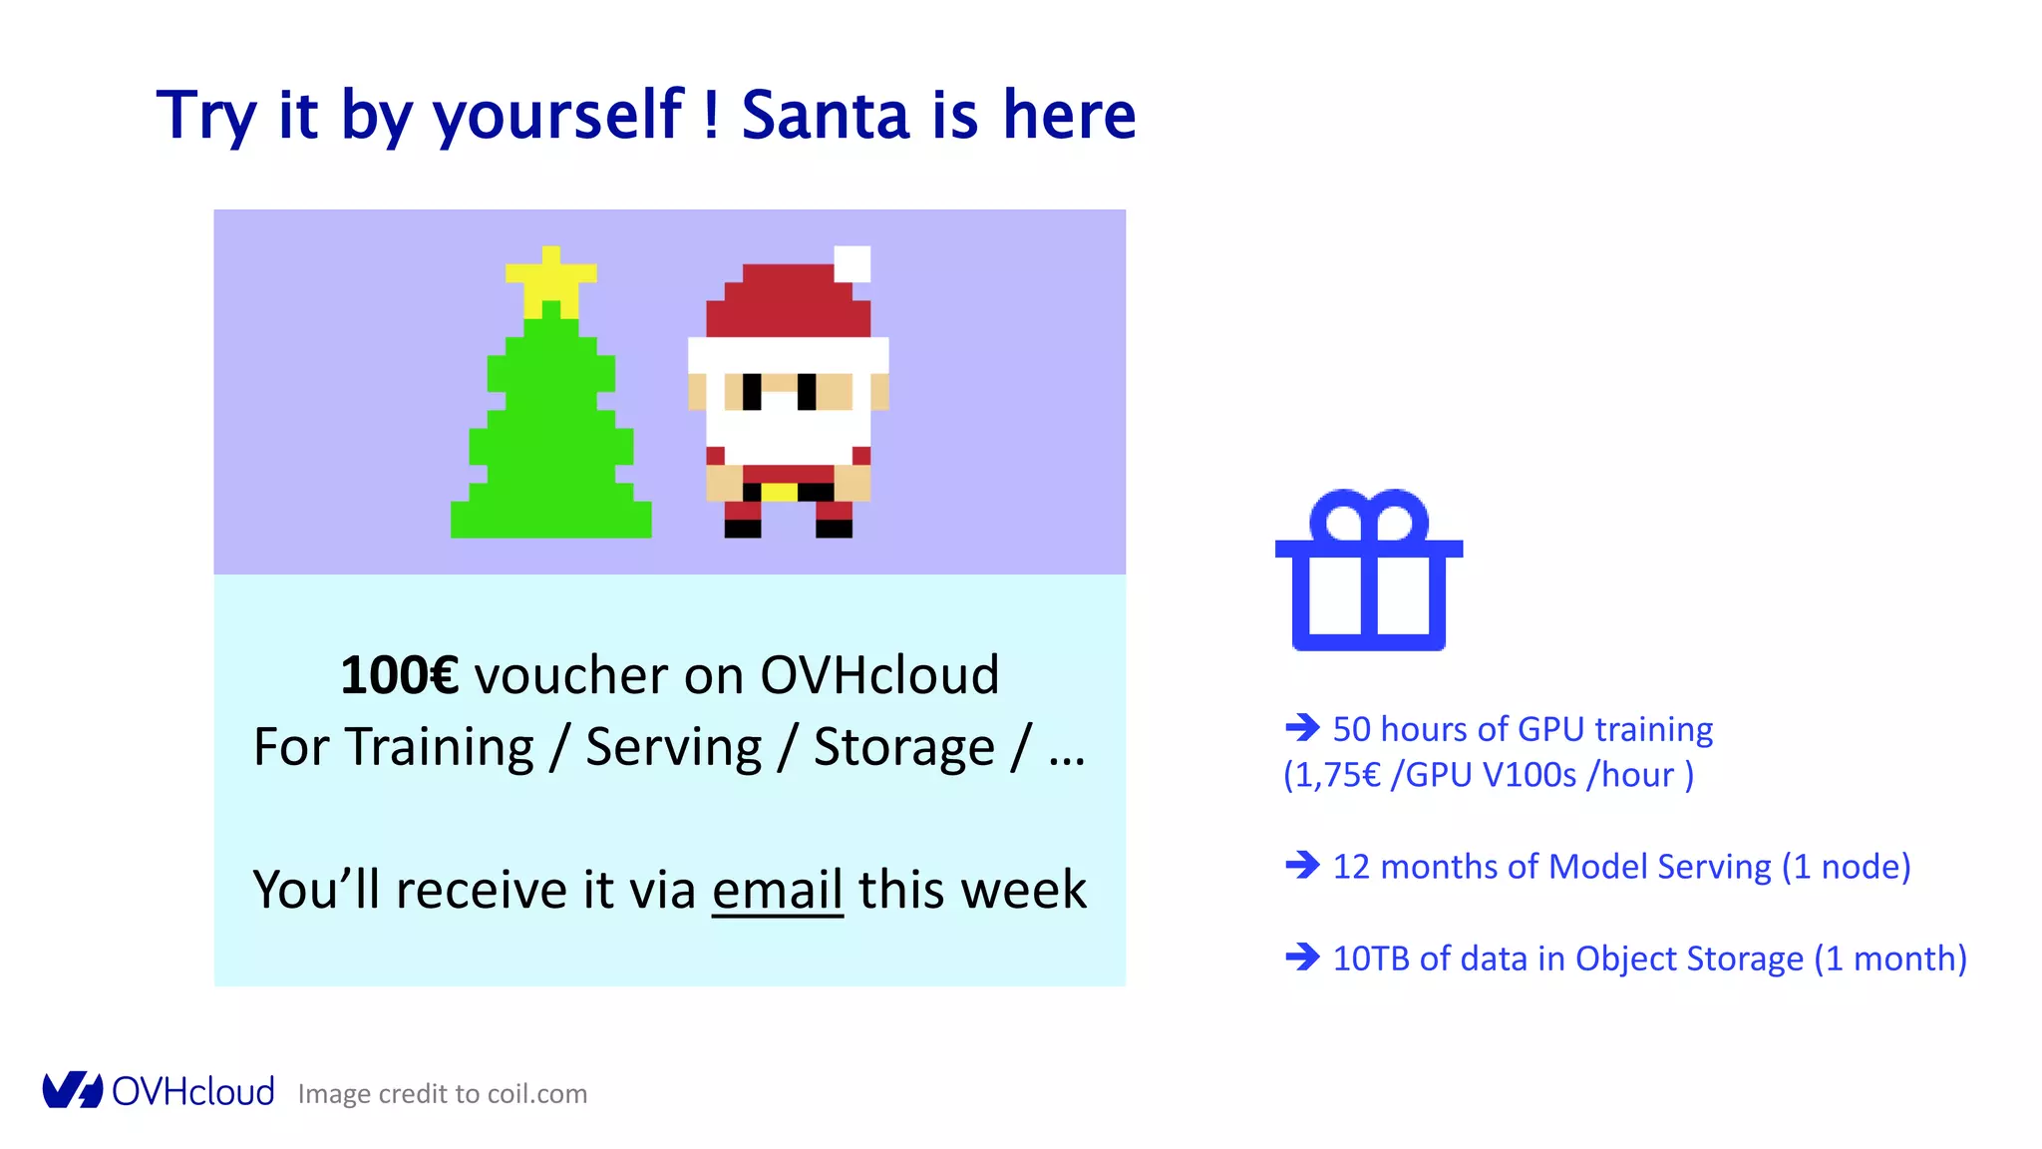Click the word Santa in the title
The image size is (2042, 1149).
tap(826, 115)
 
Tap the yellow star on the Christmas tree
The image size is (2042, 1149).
tap(551, 279)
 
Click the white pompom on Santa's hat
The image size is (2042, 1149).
tap(851, 264)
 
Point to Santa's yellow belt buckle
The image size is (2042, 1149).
tap(779, 492)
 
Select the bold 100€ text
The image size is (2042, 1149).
tap(399, 675)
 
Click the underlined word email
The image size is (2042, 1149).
tap(778, 889)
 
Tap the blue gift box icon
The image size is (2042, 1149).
tap(1369, 572)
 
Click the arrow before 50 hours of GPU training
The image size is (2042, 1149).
tap(1302, 727)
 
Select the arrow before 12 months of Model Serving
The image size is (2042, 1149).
tap(1302, 865)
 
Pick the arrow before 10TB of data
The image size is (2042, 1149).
tap(1302, 957)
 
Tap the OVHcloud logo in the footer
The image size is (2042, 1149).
tap(158, 1091)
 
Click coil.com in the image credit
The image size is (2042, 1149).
tap(536, 1094)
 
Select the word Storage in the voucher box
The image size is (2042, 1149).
tap(903, 747)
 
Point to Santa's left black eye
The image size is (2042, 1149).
tap(752, 391)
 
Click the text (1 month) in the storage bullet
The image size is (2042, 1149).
tap(1889, 958)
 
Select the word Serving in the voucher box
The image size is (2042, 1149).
tap(673, 747)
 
